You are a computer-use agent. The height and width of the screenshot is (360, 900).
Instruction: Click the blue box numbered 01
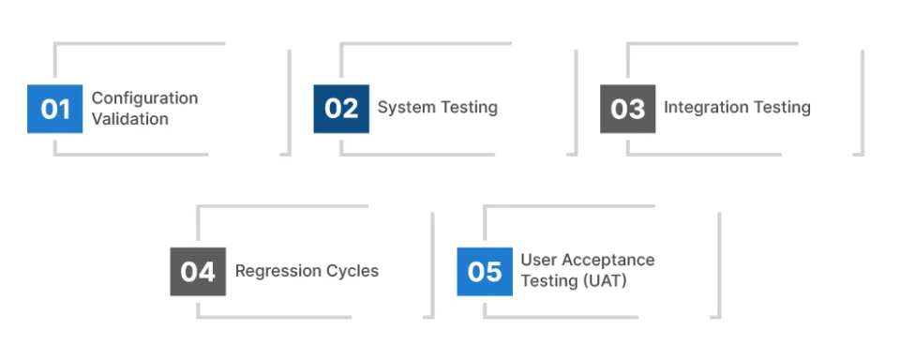click(x=54, y=109)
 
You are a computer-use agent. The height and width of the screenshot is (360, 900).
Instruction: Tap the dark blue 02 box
click(x=341, y=109)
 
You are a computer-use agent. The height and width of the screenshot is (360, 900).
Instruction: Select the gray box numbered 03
click(x=627, y=109)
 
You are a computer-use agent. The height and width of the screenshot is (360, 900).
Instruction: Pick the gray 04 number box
click(x=198, y=272)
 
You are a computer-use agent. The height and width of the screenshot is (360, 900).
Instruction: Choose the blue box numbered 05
click(x=485, y=272)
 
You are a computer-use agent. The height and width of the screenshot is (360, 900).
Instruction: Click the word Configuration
click(x=144, y=98)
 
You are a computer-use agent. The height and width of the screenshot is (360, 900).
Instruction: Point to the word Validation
click(x=130, y=119)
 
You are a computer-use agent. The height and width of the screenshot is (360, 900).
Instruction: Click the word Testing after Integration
click(x=780, y=108)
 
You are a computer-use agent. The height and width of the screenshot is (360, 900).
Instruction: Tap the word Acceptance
click(x=608, y=261)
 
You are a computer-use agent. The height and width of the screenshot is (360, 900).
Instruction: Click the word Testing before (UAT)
click(x=549, y=281)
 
